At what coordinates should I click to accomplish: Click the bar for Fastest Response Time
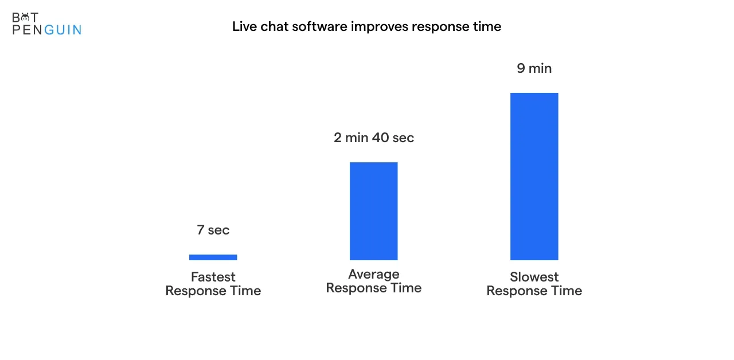pyautogui.click(x=213, y=257)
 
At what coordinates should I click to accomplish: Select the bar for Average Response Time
pyautogui.click(x=373, y=211)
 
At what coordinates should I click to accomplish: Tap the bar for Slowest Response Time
pyautogui.click(x=534, y=176)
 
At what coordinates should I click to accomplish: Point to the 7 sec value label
pyautogui.click(x=213, y=230)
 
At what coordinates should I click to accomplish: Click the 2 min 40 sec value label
pyautogui.click(x=374, y=138)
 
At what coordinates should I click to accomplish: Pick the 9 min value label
pyautogui.click(x=534, y=68)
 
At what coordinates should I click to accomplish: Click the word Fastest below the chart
pyautogui.click(x=213, y=277)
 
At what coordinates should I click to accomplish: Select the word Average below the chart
pyautogui.click(x=373, y=274)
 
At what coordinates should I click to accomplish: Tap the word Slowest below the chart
pyautogui.click(x=534, y=277)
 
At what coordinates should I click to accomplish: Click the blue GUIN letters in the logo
pyautogui.click(x=63, y=30)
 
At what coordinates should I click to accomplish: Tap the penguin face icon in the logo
pyautogui.click(x=25, y=17)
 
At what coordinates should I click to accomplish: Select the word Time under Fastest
pyautogui.click(x=245, y=291)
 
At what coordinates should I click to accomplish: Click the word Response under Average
pyautogui.click(x=356, y=288)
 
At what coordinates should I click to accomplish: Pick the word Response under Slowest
pyautogui.click(x=516, y=291)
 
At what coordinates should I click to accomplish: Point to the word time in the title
pyautogui.click(x=487, y=26)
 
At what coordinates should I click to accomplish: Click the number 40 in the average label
pyautogui.click(x=380, y=138)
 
